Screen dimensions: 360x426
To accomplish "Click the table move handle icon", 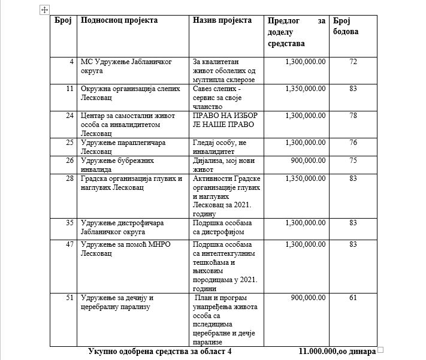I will (44, 9).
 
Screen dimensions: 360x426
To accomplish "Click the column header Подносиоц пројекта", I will (119, 20).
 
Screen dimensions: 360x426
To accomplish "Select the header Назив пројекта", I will (222, 20).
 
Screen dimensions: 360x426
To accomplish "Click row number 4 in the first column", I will (72, 62).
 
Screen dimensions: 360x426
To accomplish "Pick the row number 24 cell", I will (70, 116).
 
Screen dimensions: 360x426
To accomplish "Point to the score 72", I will (353, 62).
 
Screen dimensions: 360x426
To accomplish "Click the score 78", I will (353, 116).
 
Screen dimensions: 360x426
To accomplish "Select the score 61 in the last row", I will (353, 298).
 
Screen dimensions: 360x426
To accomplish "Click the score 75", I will (353, 161).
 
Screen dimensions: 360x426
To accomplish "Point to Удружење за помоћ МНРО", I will (122, 244).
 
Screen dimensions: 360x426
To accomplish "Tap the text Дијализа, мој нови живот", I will (219, 165).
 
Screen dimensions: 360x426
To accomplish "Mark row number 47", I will (70, 244).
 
